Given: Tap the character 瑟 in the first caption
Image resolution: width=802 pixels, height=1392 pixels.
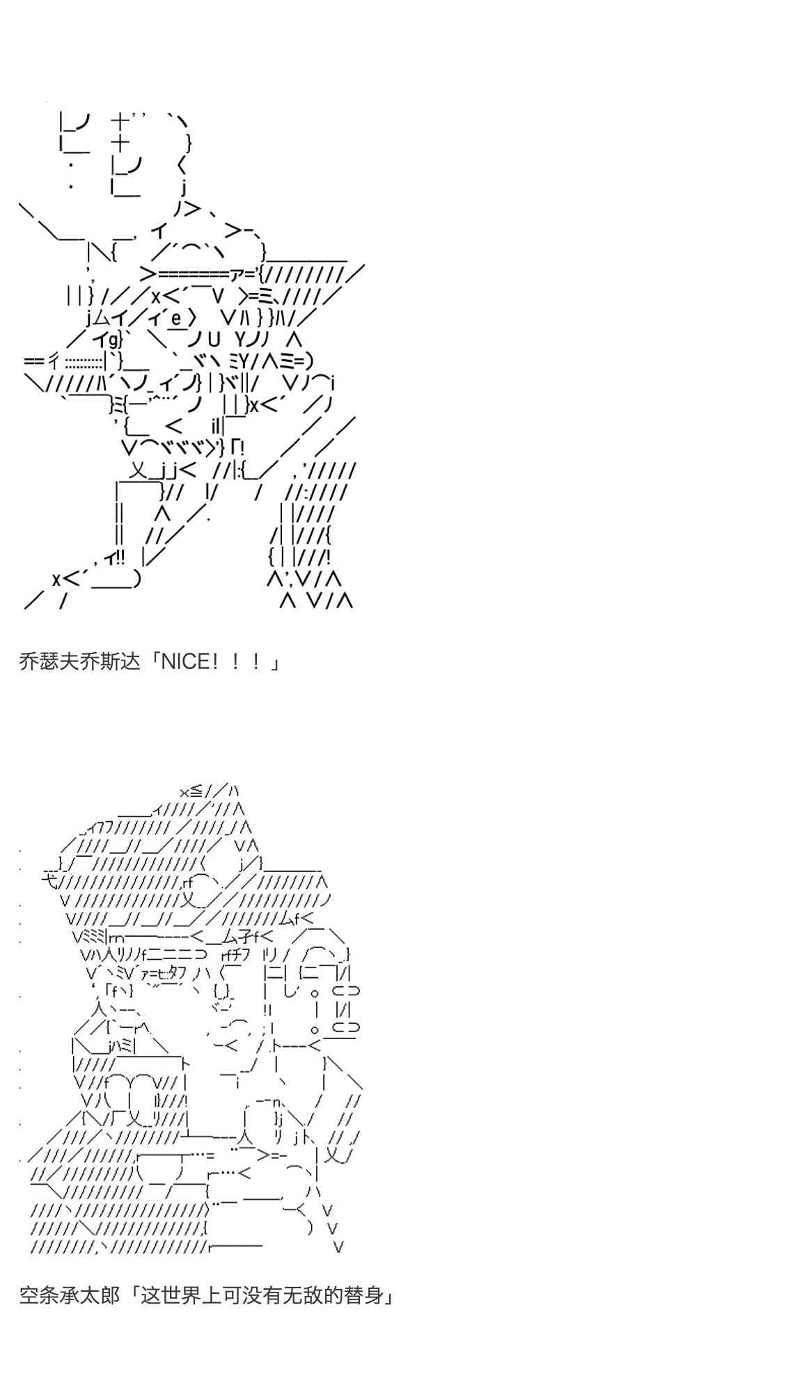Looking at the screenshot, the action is coord(48,661).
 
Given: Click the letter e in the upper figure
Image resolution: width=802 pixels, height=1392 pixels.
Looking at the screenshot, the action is coord(176,319).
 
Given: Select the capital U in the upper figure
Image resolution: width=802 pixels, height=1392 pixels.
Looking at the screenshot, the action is coord(213,340).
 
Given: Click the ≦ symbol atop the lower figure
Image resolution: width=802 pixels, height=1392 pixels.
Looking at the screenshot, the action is coord(196,791).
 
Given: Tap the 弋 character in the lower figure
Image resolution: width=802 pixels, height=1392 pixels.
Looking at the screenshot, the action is coord(49,880).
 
